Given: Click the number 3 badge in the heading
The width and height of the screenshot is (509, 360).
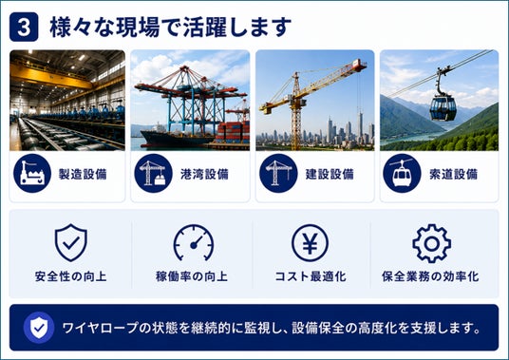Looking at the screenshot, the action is point(24,27).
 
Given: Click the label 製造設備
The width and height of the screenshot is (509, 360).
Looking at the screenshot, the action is point(83,175).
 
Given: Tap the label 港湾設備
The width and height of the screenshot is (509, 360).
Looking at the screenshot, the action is point(204,175).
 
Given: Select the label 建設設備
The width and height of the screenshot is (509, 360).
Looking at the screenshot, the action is point(330,175).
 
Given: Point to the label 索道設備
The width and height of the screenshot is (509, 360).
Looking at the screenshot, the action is point(454,175).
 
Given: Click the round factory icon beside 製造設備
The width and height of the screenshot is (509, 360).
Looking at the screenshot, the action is point(32,173).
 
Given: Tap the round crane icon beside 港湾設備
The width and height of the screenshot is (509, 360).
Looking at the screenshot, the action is point(153,173).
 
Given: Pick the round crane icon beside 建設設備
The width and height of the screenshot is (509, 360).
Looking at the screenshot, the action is point(278,173).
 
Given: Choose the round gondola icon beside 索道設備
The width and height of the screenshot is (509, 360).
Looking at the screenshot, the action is point(402,173).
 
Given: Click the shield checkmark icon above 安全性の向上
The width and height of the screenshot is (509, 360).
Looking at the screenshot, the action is point(71,242).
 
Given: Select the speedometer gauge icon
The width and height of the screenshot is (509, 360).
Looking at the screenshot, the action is point(194,243).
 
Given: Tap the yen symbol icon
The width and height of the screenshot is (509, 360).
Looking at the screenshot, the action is point(310,243).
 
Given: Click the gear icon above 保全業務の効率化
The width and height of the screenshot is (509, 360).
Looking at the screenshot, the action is point(432,243).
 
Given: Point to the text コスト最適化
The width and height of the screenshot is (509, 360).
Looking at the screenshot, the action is point(311,276).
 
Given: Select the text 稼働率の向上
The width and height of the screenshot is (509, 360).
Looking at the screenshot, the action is point(192,276).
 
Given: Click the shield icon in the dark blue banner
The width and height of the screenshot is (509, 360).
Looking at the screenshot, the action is point(39,328).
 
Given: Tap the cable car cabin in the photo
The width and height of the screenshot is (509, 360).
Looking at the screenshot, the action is point(443,107).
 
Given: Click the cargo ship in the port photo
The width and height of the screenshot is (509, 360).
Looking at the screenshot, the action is point(176,138).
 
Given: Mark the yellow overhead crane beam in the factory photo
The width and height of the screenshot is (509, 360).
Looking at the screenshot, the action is point(52,76).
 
